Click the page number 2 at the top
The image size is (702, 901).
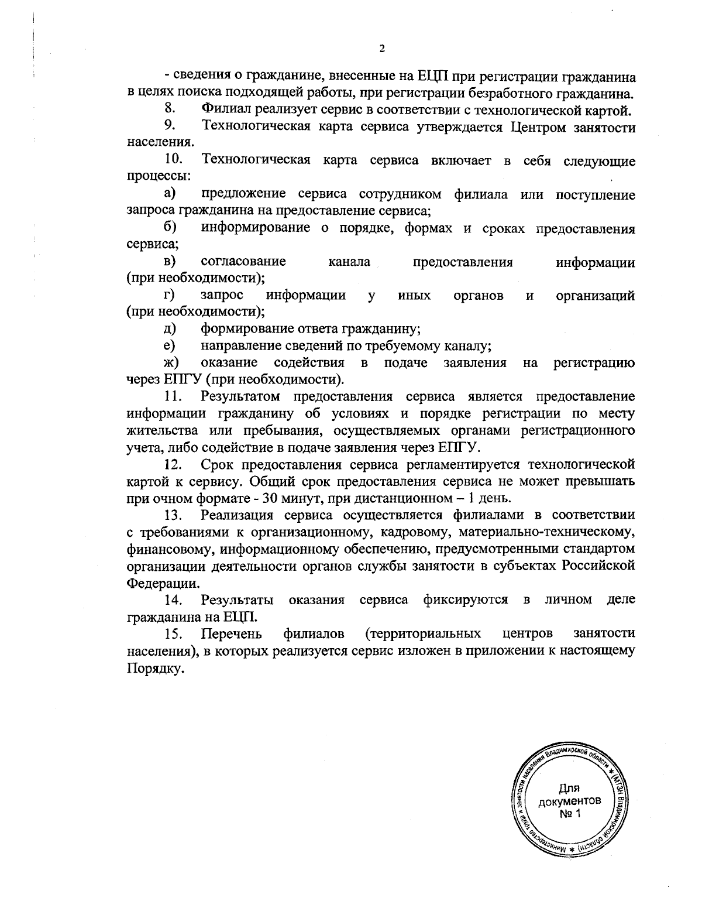[x=381, y=49]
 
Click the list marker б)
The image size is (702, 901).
[x=170, y=228]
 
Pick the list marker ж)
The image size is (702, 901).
[x=171, y=364]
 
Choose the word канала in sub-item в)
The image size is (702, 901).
[x=349, y=262]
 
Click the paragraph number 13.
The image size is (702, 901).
[x=174, y=516]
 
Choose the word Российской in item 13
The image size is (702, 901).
[x=598, y=566]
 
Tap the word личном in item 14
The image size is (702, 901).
[x=568, y=600]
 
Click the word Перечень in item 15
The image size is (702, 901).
[x=231, y=634]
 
